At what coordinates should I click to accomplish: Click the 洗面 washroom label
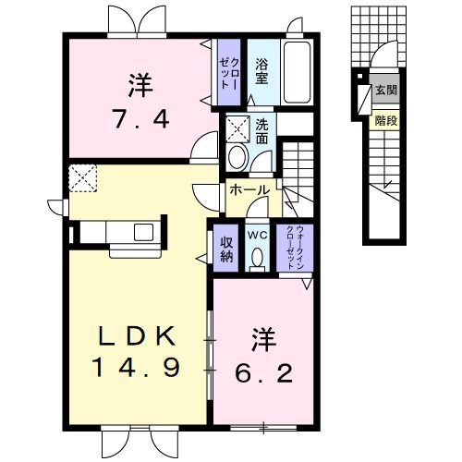click(261, 131)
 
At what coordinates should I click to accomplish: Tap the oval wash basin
click(237, 154)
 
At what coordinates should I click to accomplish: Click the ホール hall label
click(249, 190)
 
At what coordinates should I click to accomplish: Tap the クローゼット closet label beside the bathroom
click(228, 69)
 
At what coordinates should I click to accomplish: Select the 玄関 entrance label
click(385, 91)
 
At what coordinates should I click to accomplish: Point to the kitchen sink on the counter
click(145, 229)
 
